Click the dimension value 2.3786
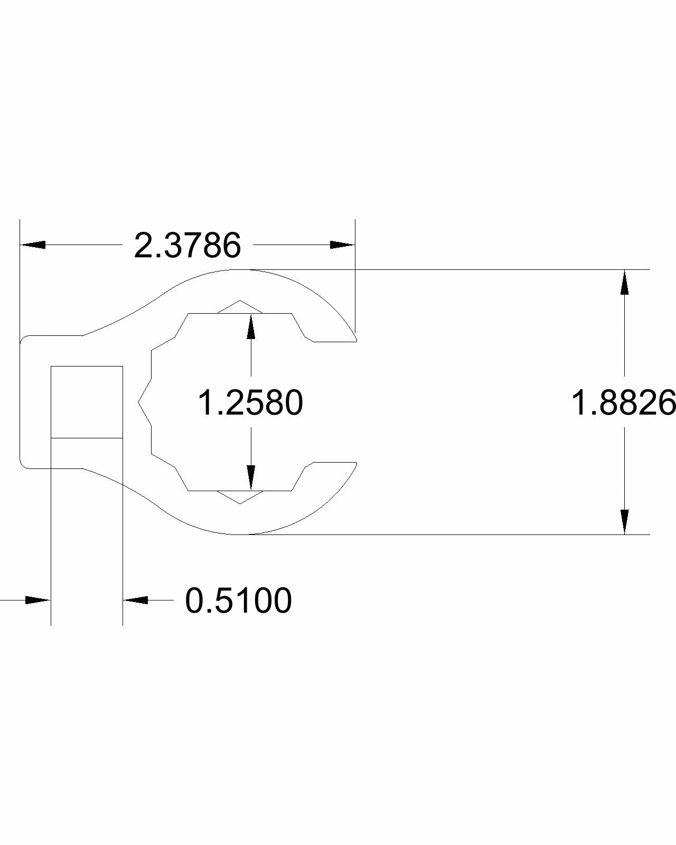[187, 246]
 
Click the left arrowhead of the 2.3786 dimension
[33, 245]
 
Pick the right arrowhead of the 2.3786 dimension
[342, 245]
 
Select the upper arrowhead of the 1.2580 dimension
[251, 326]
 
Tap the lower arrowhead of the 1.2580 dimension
[251, 478]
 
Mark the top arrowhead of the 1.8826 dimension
[625, 283]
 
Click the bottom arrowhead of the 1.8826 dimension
[625, 522]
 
